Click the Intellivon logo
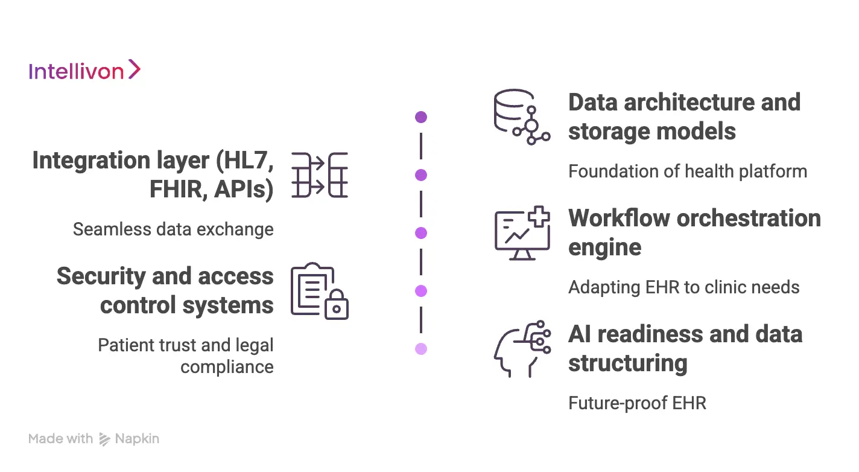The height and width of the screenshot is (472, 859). [x=84, y=71]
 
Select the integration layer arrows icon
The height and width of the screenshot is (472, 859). [x=320, y=175]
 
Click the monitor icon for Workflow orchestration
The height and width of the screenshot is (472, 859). [x=522, y=233]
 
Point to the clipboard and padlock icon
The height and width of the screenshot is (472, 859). [x=319, y=291]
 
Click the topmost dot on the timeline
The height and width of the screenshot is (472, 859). [x=421, y=117]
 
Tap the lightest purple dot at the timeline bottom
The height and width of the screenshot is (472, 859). [x=421, y=349]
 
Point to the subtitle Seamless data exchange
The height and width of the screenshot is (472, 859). [x=173, y=229]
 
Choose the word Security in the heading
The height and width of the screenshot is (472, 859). [x=102, y=276]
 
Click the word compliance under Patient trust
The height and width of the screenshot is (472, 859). [x=227, y=367]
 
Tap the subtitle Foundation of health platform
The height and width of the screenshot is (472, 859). [x=687, y=171]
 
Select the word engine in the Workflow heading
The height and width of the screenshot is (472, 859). [x=604, y=247]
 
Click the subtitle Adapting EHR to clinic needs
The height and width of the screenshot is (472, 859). [x=683, y=287]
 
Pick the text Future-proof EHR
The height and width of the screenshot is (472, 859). [x=637, y=403]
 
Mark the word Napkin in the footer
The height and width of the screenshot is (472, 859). [x=138, y=439]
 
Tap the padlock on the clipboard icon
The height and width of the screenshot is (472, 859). [x=337, y=307]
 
